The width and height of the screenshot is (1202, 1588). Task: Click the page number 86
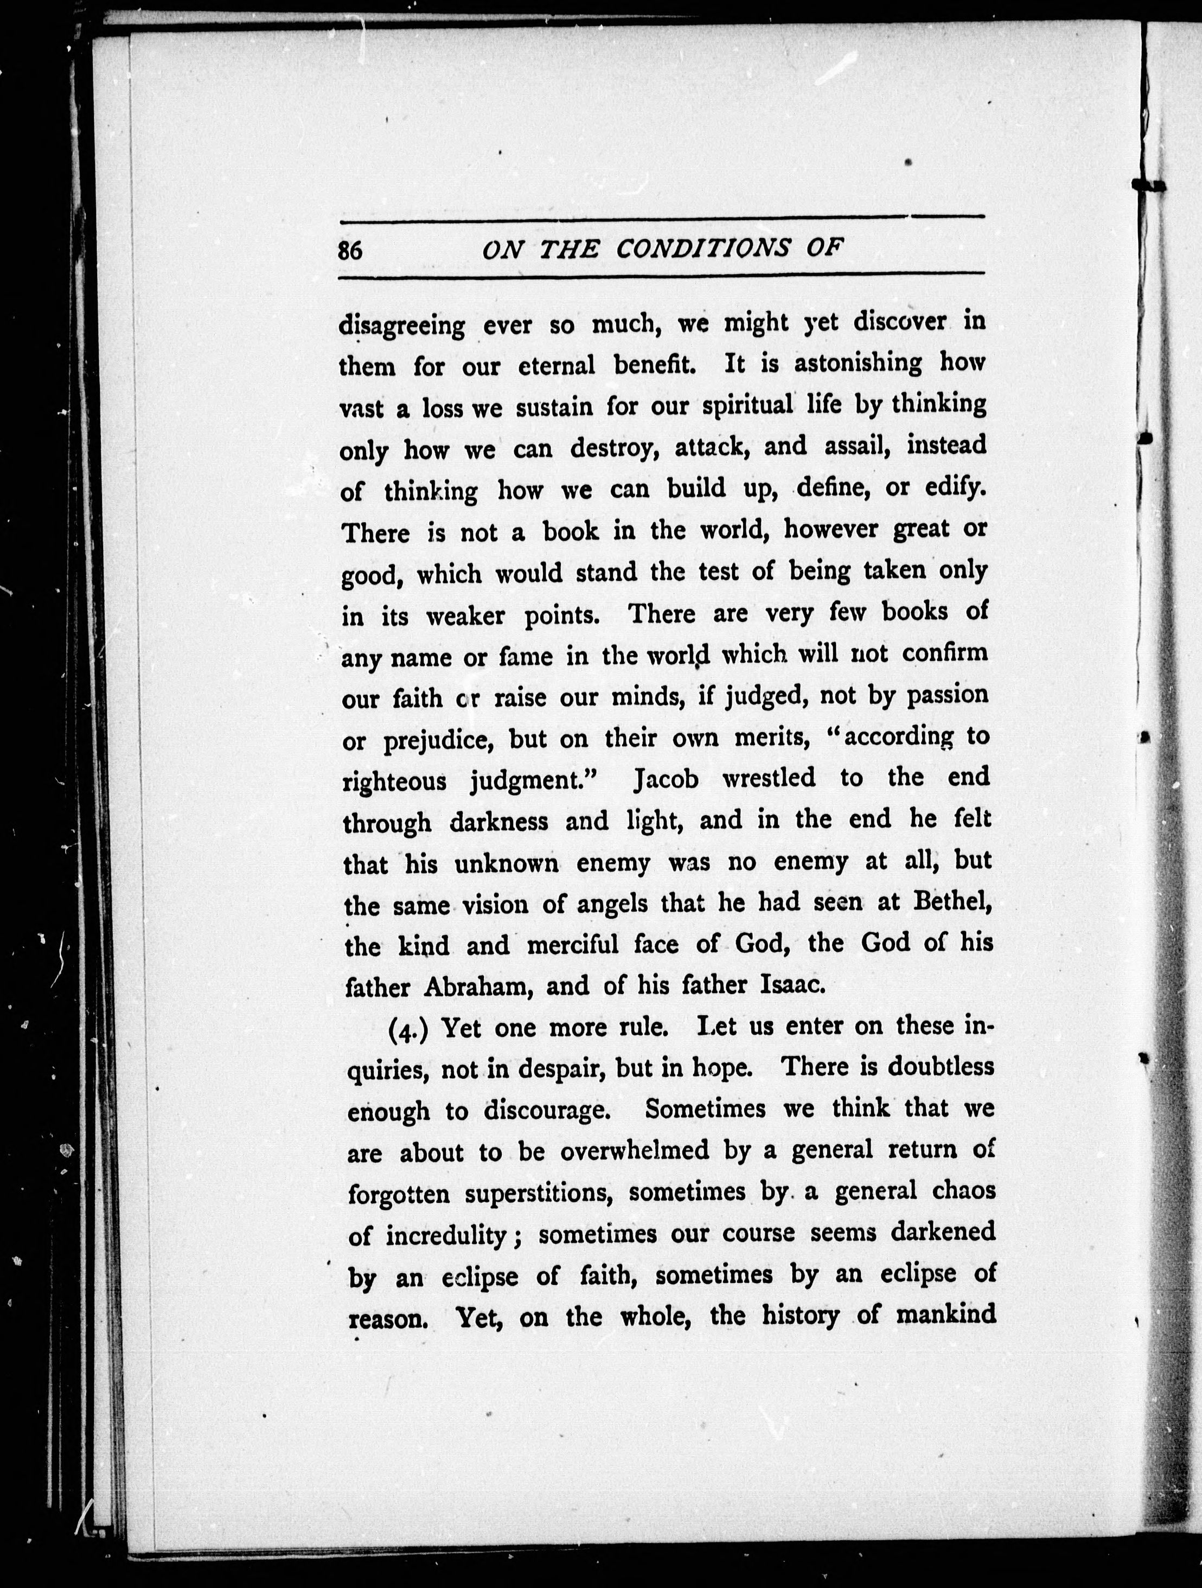(350, 251)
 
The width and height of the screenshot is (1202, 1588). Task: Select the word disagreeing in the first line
(402, 326)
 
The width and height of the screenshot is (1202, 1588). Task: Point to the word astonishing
(858, 363)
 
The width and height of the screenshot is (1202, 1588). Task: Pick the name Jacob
(666, 779)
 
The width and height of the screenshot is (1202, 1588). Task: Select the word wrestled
(768, 778)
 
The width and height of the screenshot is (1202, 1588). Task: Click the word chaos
(964, 1190)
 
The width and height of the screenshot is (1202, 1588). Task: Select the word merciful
(572, 945)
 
